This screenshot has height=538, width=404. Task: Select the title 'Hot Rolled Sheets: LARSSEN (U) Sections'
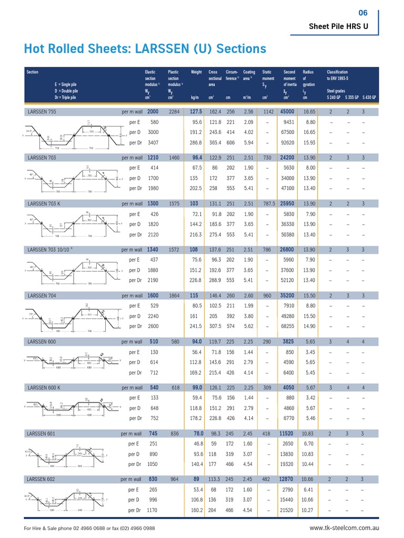tap(145, 49)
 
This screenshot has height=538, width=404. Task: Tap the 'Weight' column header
tap(196, 72)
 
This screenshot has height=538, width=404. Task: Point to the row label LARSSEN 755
tap(42, 112)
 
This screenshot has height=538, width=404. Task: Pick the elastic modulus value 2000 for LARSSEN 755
tap(153, 112)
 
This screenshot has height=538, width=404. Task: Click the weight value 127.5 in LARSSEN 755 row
tap(196, 112)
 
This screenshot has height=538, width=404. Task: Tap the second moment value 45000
tap(287, 112)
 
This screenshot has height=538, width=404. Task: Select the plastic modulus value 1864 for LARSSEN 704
tap(174, 295)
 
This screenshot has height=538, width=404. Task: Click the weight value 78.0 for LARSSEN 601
tap(198, 433)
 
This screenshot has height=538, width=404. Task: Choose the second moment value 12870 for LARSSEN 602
tap(287, 479)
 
